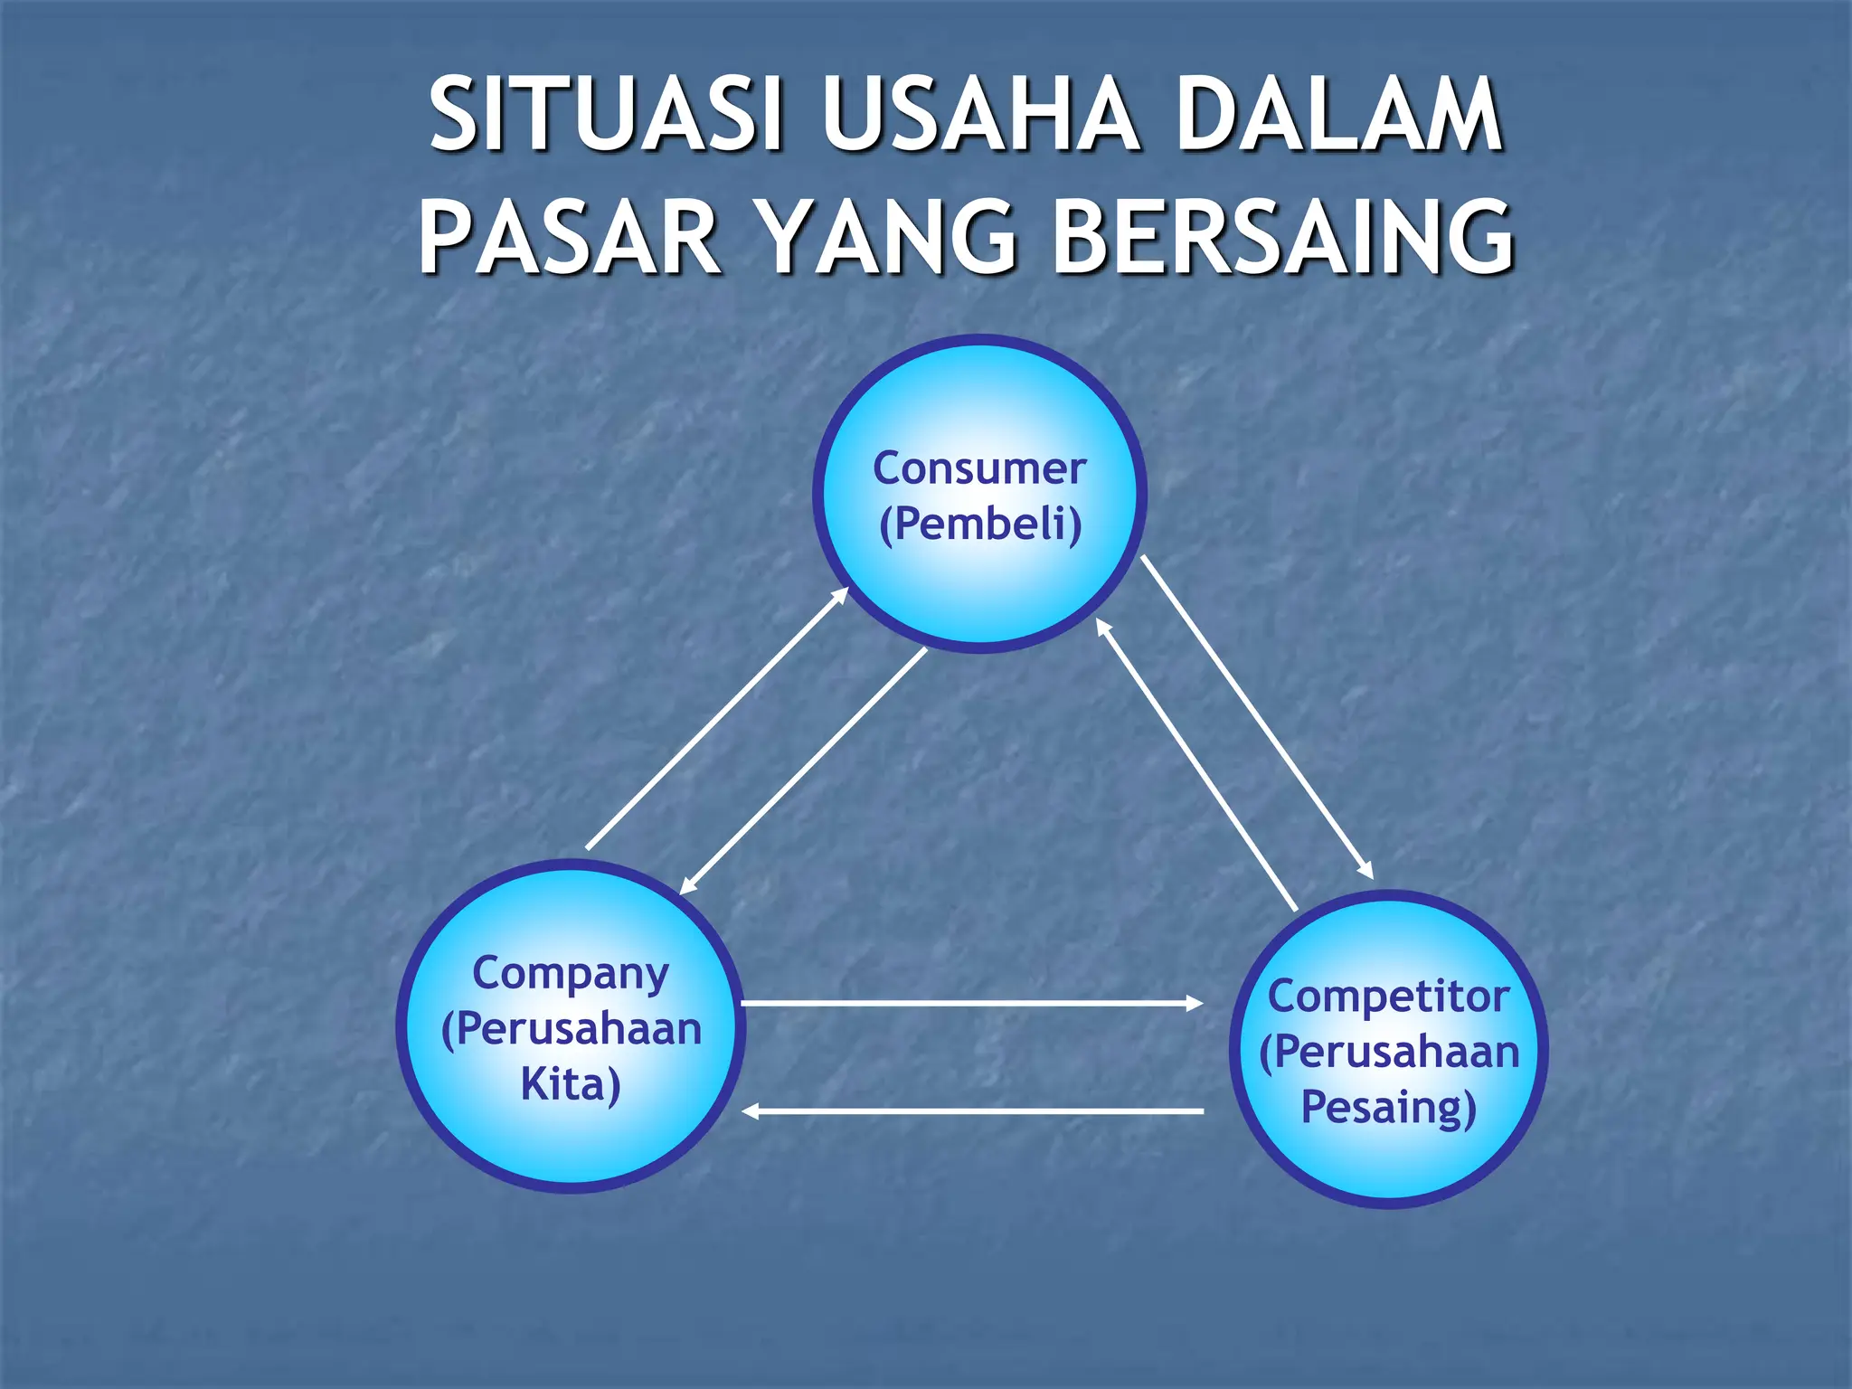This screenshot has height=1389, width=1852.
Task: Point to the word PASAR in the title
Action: point(569,237)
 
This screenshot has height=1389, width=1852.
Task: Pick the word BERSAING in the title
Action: point(1283,237)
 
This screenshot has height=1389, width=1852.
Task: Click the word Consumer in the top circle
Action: point(979,468)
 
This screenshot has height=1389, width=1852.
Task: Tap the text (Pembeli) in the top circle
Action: point(980,524)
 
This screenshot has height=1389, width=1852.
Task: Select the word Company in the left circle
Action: point(571,975)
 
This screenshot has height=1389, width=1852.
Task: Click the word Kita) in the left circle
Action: point(571,1085)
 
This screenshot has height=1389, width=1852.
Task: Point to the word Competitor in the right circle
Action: point(1388,997)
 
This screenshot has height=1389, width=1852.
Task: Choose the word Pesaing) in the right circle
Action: point(1388,1108)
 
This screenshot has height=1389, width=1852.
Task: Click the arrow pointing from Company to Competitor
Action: point(972,1003)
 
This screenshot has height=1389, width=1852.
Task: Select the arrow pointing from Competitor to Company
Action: point(972,1110)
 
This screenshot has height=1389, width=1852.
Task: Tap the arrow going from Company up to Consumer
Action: point(717,718)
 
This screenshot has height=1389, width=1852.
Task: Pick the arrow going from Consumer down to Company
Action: point(803,771)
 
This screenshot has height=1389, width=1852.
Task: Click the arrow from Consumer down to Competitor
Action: point(1257,717)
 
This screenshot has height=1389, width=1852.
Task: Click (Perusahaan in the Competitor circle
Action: point(1389,1053)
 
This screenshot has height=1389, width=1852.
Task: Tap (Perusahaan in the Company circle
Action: point(571,1030)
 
